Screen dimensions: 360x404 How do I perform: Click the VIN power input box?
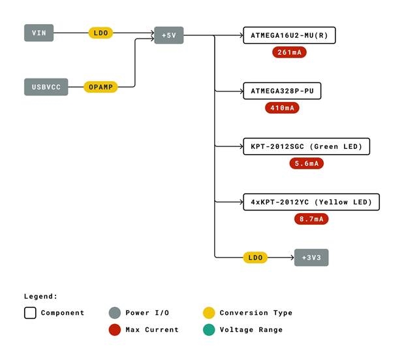[39, 33]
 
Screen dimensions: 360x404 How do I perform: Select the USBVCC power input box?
[46, 87]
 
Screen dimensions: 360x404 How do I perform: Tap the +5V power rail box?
[168, 35]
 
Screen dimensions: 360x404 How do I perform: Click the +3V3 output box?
[311, 257]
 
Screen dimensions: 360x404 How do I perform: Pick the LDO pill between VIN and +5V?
[101, 33]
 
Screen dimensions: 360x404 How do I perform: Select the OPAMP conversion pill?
[101, 87]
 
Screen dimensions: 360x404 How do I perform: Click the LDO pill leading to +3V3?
[255, 257]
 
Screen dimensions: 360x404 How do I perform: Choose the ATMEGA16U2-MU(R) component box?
[288, 35]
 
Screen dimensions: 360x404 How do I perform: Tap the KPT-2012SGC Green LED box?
[305, 146]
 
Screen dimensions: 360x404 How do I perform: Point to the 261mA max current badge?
[290, 52]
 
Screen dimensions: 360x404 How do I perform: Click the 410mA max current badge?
[282, 108]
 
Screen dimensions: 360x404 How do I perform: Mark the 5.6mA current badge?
[306, 163]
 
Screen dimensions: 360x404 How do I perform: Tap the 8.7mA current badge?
[311, 219]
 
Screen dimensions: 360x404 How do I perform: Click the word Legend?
[40, 296]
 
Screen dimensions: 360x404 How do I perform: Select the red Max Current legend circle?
[115, 329]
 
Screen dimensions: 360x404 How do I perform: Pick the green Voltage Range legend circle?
[208, 329]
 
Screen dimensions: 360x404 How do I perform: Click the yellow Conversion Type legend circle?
[208, 313]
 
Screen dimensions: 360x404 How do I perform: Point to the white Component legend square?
[30, 313]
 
